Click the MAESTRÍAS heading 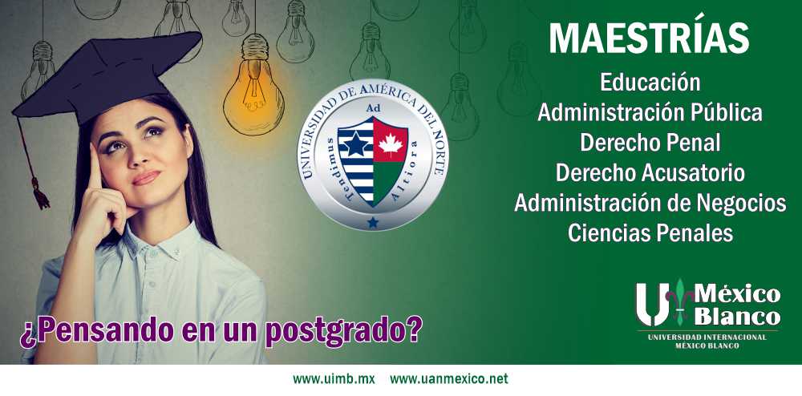(x=649, y=38)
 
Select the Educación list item (x=650, y=83)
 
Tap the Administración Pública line (x=650, y=113)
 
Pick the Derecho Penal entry (x=650, y=143)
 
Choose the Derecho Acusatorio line (x=650, y=172)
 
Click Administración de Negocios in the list (x=650, y=203)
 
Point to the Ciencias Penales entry (x=650, y=233)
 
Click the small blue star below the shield (x=373, y=222)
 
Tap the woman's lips (x=147, y=178)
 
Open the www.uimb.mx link (x=334, y=379)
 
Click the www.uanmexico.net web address (x=449, y=379)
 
